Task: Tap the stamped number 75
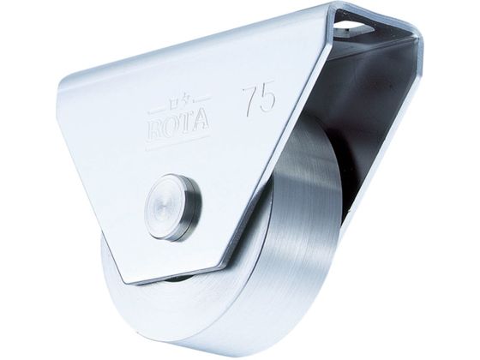259,99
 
